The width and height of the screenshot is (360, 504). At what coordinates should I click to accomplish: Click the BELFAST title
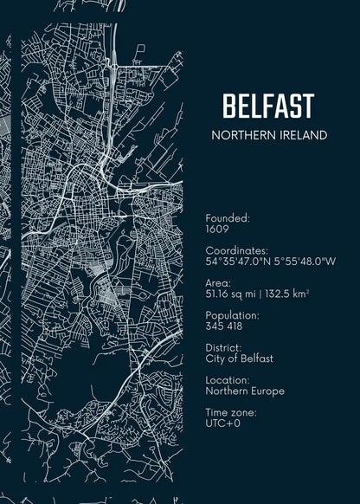click(x=267, y=106)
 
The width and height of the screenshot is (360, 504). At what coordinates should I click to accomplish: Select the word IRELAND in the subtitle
click(x=303, y=135)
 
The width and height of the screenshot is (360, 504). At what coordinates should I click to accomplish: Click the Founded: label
click(x=228, y=219)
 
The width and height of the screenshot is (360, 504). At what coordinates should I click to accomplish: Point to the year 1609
click(x=217, y=230)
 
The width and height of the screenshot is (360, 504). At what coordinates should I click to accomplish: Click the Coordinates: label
click(x=237, y=250)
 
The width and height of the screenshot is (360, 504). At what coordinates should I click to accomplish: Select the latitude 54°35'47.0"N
click(x=238, y=261)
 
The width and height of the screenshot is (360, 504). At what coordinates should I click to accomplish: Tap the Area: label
click(x=218, y=282)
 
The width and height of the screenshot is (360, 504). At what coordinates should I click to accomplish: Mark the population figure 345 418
click(x=225, y=326)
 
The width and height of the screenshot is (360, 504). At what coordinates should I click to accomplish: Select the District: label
click(x=224, y=347)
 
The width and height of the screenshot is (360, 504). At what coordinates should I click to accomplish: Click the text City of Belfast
click(x=239, y=359)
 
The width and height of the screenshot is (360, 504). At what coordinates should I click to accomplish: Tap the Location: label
click(x=228, y=380)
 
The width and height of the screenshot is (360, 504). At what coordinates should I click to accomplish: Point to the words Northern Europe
click(x=245, y=391)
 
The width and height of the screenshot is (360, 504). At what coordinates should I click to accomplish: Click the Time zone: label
click(x=231, y=412)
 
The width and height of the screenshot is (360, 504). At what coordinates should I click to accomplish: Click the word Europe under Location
click(x=267, y=391)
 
